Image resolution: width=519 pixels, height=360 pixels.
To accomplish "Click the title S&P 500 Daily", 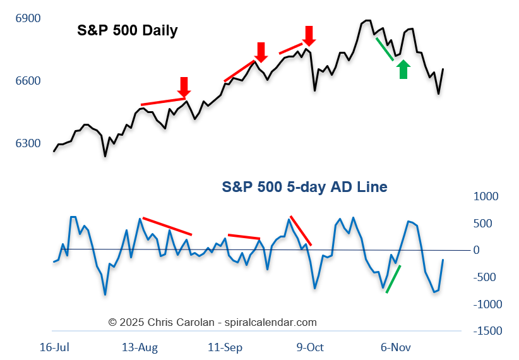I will tap(127, 30).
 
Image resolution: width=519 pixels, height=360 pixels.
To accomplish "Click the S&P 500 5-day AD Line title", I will tap(304, 187).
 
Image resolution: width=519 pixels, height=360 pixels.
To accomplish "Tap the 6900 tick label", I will tap(28, 18).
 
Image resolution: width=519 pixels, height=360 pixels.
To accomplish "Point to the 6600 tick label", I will tap(28, 81).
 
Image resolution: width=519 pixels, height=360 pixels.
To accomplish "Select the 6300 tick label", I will tap(28, 143).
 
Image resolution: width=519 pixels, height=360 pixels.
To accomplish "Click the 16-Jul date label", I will tap(54, 347).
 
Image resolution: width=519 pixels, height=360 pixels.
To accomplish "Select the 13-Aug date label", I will tap(140, 347).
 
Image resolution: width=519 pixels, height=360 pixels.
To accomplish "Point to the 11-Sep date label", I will tap(225, 347).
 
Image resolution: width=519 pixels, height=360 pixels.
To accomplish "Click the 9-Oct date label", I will tap(309, 347).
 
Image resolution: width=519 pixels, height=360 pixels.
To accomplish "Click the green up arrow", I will tap(404, 69).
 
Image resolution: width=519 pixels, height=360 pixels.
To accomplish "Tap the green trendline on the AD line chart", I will tap(393, 279).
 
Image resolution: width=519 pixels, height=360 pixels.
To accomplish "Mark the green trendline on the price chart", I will tap(385, 49).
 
